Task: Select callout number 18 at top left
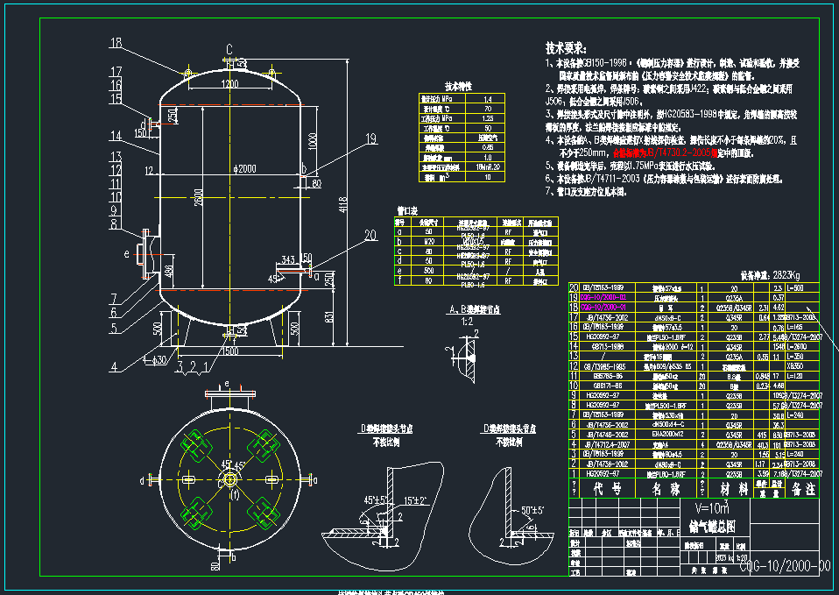pyautogui.click(x=116, y=43)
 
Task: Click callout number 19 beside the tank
pyautogui.click(x=370, y=138)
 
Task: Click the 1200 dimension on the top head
pyautogui.click(x=229, y=84)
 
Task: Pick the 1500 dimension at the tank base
pyautogui.click(x=229, y=351)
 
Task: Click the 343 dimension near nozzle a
pyautogui.click(x=288, y=260)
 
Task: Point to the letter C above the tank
pyautogui.click(x=229, y=48)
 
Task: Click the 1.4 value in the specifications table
pyautogui.click(x=488, y=99)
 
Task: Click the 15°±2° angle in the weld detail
pyautogui.click(x=415, y=500)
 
